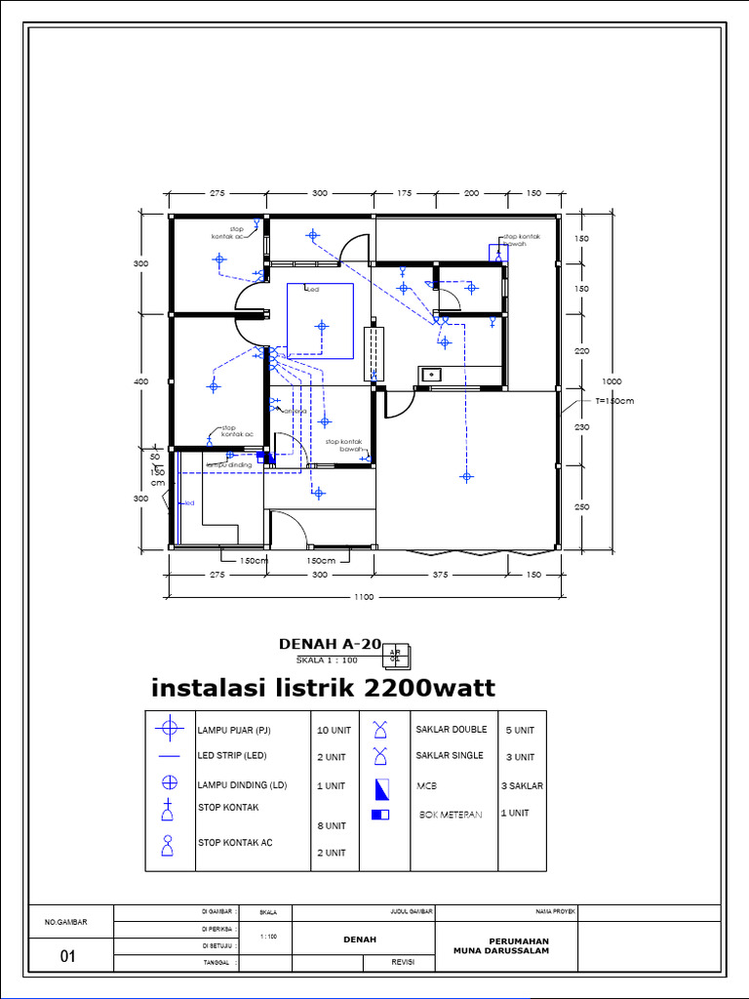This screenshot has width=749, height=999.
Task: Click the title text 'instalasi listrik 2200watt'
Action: tap(323, 689)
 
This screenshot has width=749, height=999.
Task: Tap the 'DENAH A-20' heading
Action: tap(330, 644)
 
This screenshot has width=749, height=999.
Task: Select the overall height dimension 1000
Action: tap(611, 380)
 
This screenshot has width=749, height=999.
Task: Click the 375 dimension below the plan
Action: tap(440, 575)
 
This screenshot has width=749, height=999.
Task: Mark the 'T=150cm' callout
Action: tap(613, 401)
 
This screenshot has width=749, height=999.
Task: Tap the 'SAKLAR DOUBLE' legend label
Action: tap(451, 730)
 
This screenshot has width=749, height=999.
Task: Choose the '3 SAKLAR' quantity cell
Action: tap(522, 785)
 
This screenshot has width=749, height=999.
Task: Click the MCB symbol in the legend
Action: tap(380, 787)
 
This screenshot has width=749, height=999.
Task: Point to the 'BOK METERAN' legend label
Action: tap(451, 814)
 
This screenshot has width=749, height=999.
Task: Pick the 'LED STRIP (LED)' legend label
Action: tap(233, 756)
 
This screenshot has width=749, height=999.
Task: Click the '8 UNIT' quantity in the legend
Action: tap(332, 826)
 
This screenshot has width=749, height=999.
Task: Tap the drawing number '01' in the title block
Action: tap(67, 957)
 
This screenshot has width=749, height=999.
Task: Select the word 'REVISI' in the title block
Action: tap(404, 962)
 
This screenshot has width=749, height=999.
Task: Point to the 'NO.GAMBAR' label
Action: tap(66, 922)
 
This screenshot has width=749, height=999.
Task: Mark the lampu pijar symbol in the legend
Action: tap(171, 728)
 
